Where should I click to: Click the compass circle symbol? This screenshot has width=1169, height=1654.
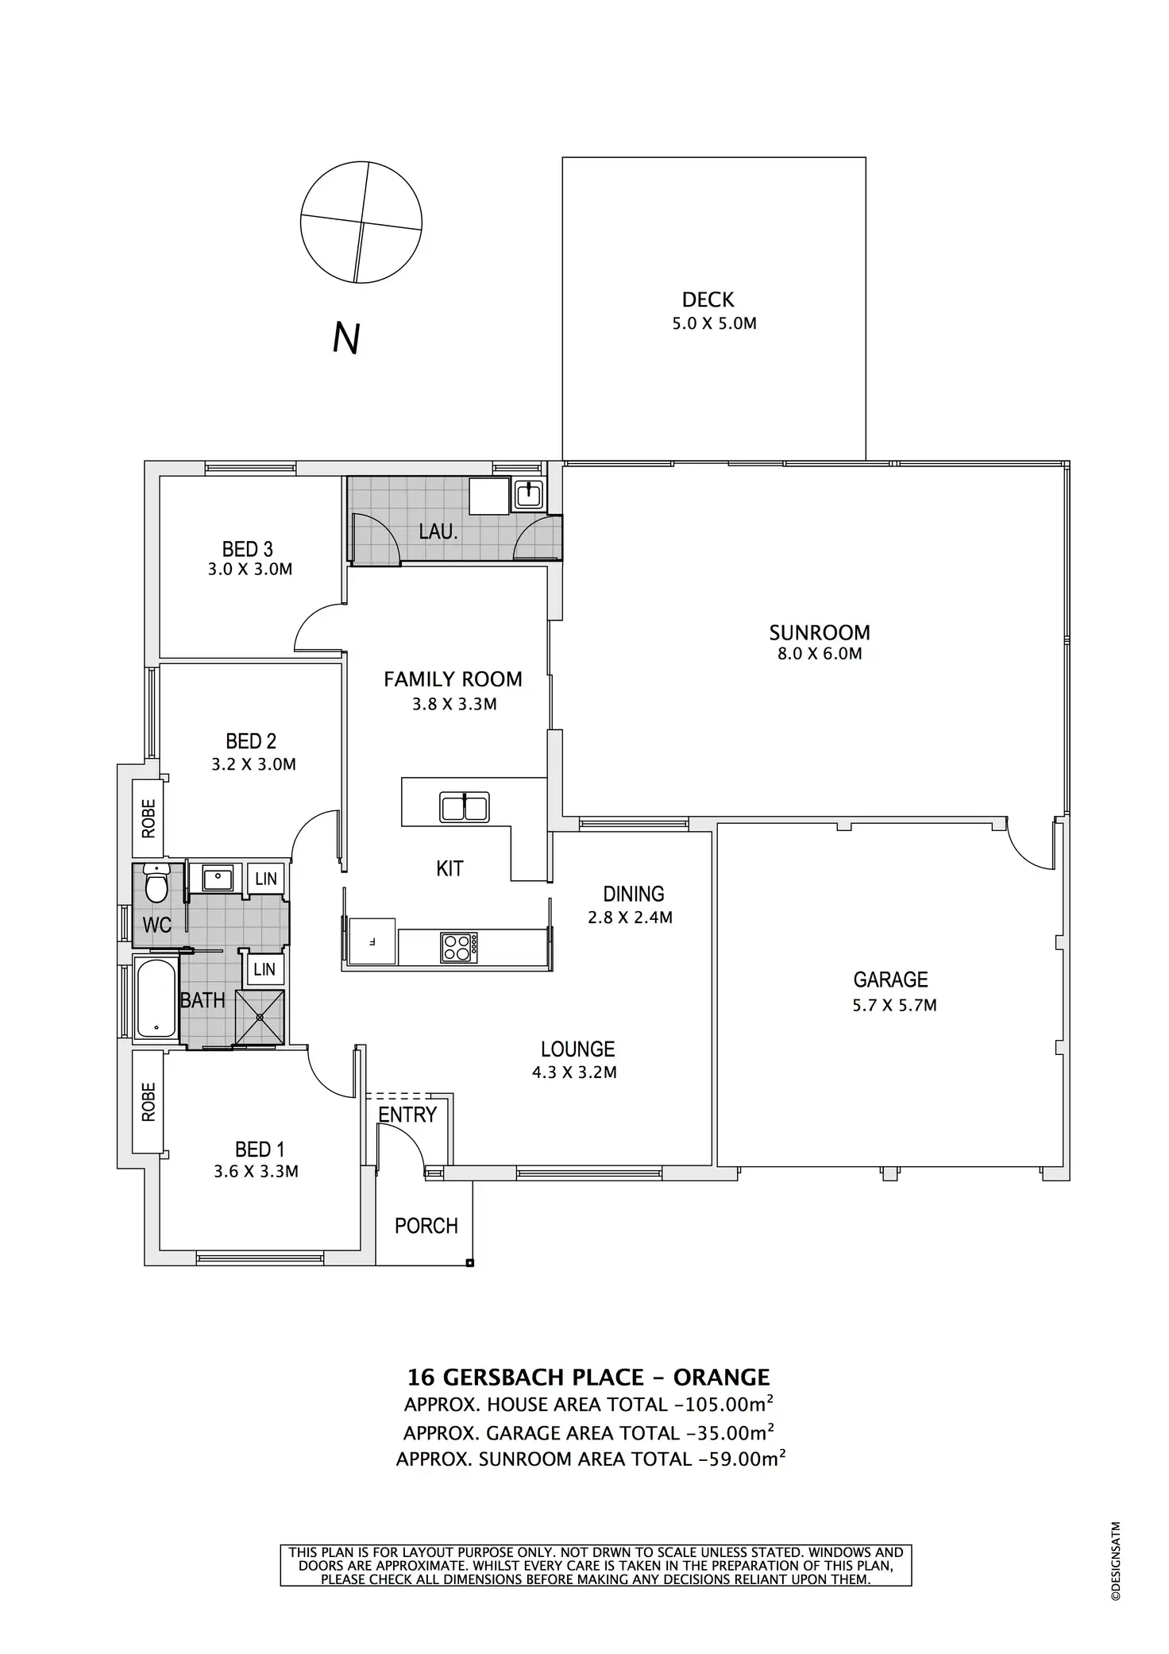coord(361,222)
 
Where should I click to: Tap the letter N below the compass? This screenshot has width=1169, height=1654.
coord(347,338)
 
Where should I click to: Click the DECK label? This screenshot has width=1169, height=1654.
coord(708,299)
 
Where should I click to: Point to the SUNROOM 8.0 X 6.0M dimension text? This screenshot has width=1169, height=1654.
coord(819,654)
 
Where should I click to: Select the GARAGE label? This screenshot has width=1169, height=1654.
coord(890,980)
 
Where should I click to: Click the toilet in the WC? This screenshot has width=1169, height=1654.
coord(157,887)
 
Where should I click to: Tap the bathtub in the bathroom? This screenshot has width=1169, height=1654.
coord(155,998)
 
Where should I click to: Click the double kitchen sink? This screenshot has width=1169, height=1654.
coord(465,807)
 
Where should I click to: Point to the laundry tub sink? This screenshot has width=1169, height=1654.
coord(528,495)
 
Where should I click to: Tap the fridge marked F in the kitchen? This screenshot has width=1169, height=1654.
coord(372,941)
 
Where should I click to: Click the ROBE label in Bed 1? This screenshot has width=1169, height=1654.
coord(149,1102)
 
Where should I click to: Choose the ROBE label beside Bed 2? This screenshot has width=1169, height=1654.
coord(149,818)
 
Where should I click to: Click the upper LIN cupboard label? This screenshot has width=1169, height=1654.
coord(265,879)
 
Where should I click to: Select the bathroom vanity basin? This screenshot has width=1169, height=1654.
coord(217,879)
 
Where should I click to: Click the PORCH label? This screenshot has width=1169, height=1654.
coord(426,1226)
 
